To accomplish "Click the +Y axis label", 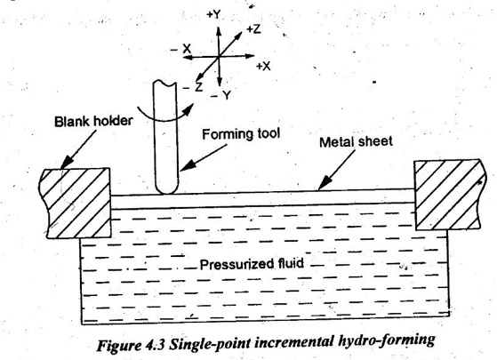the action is tap(213, 15).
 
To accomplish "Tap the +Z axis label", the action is tap(253, 29).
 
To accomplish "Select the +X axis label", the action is tap(263, 67).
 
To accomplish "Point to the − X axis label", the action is tap(181, 49).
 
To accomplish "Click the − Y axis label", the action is tap(221, 95).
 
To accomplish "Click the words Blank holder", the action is tap(92, 122).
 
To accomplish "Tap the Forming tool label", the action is tap(241, 134).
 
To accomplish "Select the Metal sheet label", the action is tap(356, 141).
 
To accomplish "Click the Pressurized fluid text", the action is tap(252, 264).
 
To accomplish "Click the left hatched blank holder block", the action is tap(75, 203).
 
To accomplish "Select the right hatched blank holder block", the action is tap(448, 195).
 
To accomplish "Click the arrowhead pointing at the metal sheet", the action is tap(324, 184).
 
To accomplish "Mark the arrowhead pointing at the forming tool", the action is tap(187, 165).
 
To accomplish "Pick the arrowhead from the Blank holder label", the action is tap(67, 163).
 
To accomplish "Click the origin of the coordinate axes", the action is tap(219, 57).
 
